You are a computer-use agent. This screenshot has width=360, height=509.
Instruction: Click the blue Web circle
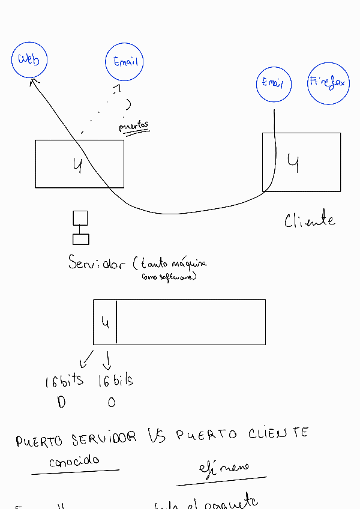pos(29,59)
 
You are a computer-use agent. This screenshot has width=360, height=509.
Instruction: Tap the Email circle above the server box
pos(125,62)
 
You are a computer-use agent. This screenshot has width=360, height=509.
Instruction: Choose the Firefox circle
pos(328,83)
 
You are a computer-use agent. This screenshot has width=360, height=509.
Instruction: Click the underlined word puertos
pos(134,127)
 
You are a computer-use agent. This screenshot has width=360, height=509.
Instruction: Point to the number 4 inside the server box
pos(77,164)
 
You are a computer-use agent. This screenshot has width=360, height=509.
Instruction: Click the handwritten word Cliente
pos(310,220)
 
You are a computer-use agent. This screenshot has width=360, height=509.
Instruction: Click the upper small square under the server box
pos(80,218)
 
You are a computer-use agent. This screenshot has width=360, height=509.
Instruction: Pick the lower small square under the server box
pos(80,239)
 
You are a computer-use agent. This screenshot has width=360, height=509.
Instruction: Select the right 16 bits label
pos(115,380)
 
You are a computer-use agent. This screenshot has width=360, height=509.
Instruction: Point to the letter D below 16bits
pos(61,403)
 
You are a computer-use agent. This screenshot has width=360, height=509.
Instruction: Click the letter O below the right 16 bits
pos(112,403)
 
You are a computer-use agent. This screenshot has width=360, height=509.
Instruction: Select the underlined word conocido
pos(74,462)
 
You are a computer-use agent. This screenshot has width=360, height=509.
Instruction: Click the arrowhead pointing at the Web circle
pos(34,80)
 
